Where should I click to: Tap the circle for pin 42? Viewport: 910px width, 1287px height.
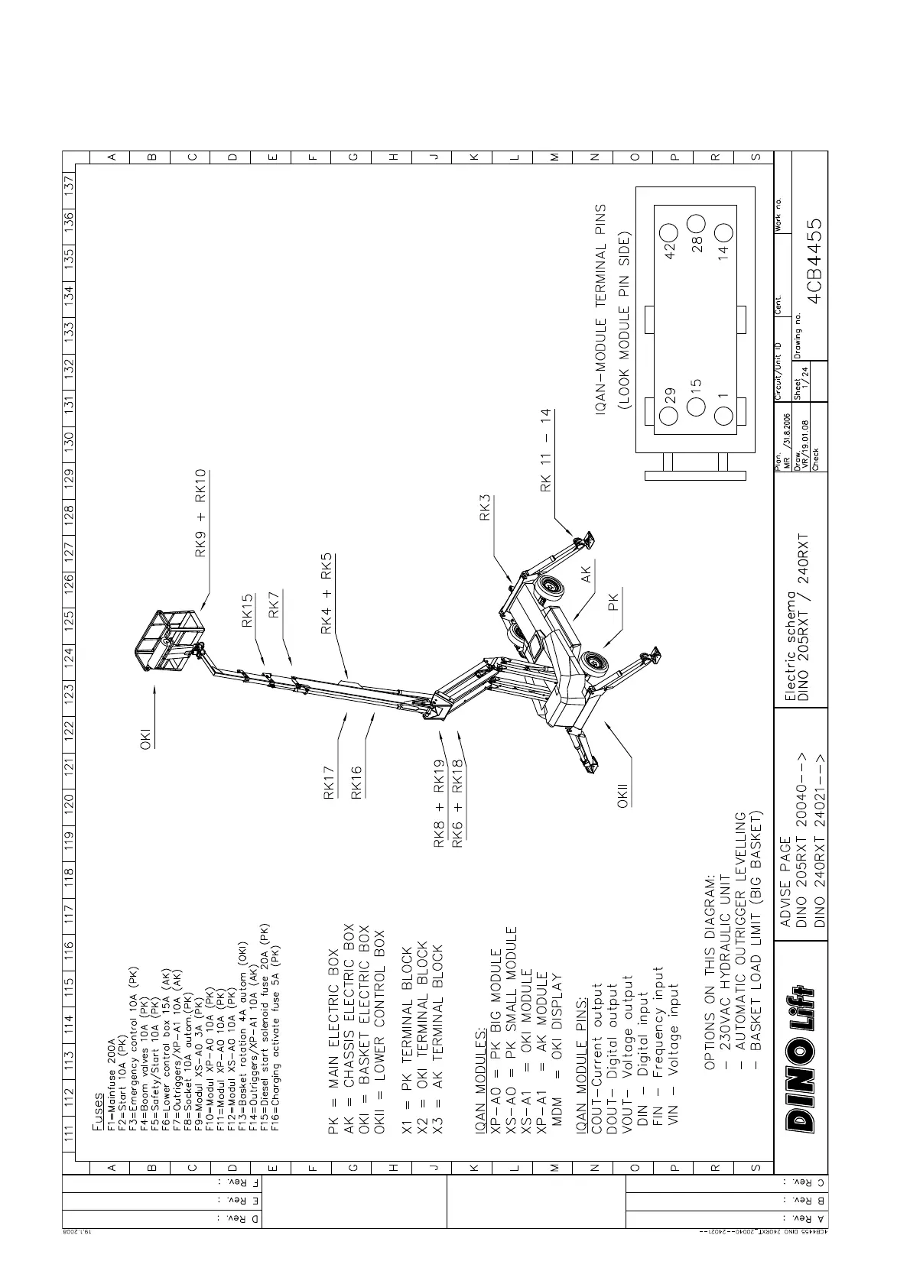click(x=669, y=232)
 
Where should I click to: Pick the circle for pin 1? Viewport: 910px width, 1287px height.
click(x=723, y=417)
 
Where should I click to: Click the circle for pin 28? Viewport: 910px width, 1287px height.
click(x=696, y=224)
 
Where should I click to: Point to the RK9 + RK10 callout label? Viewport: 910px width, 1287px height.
click(x=201, y=514)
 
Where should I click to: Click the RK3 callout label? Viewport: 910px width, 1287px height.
click(x=485, y=509)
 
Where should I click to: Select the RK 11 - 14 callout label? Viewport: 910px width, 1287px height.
click(x=545, y=450)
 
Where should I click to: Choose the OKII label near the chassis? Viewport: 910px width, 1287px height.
click(x=623, y=795)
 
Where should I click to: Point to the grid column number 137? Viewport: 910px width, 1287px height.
click(x=69, y=185)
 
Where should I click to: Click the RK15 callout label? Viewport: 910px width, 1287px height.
click(x=247, y=611)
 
